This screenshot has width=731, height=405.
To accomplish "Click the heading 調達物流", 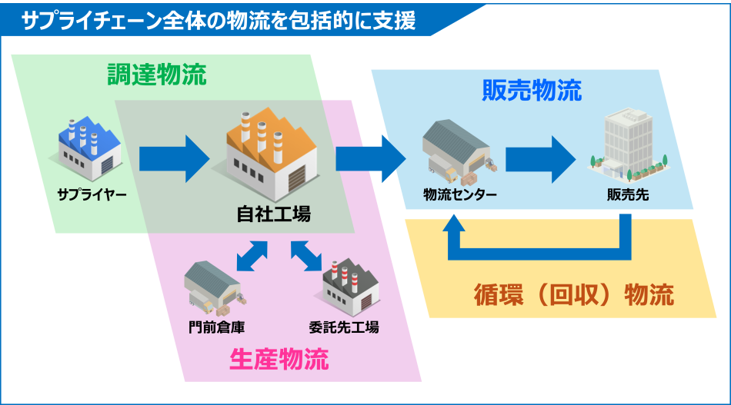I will point(156,75).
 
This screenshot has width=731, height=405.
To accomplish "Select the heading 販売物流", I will point(532,91).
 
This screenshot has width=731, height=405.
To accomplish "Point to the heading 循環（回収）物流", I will point(574,294).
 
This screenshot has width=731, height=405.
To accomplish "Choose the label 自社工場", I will point(273,214).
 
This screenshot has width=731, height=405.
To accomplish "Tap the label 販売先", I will point(627,194).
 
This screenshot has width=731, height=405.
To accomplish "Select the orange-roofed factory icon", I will point(272,153).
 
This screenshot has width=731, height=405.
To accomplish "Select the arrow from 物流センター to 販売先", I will point(539,159).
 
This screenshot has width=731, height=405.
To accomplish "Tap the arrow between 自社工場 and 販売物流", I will point(370,159).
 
